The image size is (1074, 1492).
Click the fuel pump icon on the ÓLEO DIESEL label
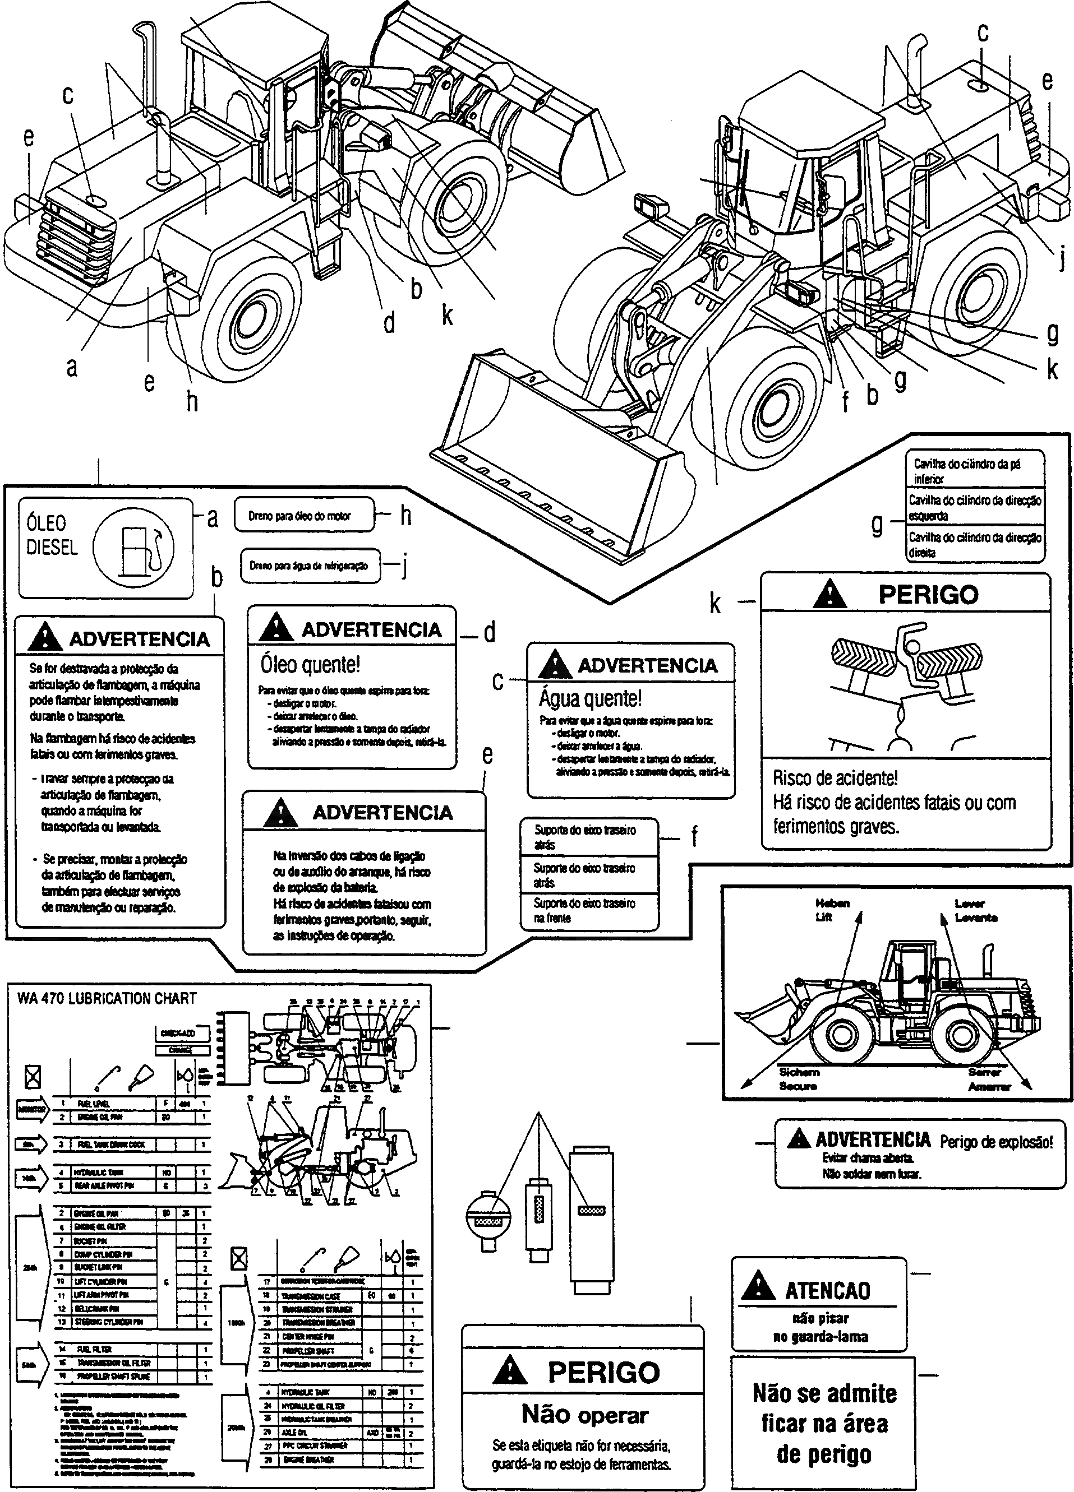pyautogui.click(x=135, y=548)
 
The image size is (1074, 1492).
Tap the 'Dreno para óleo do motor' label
pyautogui.click(x=300, y=516)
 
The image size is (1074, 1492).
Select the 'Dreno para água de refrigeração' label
pyautogui.click(x=308, y=566)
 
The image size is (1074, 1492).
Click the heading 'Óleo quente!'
pyautogui.click(x=310, y=664)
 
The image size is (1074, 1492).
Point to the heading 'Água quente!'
pyautogui.click(x=589, y=698)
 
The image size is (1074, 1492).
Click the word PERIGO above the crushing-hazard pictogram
pyautogui.click(x=928, y=594)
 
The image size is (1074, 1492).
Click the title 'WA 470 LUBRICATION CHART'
pyautogui.click(x=107, y=999)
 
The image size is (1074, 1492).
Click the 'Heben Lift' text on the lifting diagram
pyautogui.click(x=832, y=910)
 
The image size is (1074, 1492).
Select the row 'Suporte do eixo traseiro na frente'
pyautogui.click(x=585, y=910)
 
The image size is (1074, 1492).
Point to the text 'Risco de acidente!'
pyautogui.click(x=835, y=779)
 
